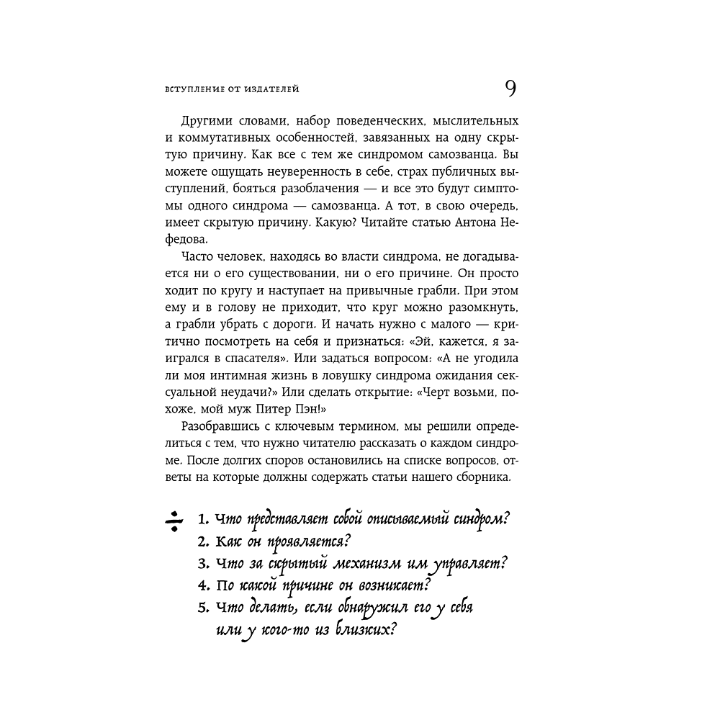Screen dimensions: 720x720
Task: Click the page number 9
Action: (510, 89)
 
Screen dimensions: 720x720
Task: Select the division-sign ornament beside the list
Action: (174, 521)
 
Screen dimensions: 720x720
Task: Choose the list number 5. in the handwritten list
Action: (202, 607)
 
